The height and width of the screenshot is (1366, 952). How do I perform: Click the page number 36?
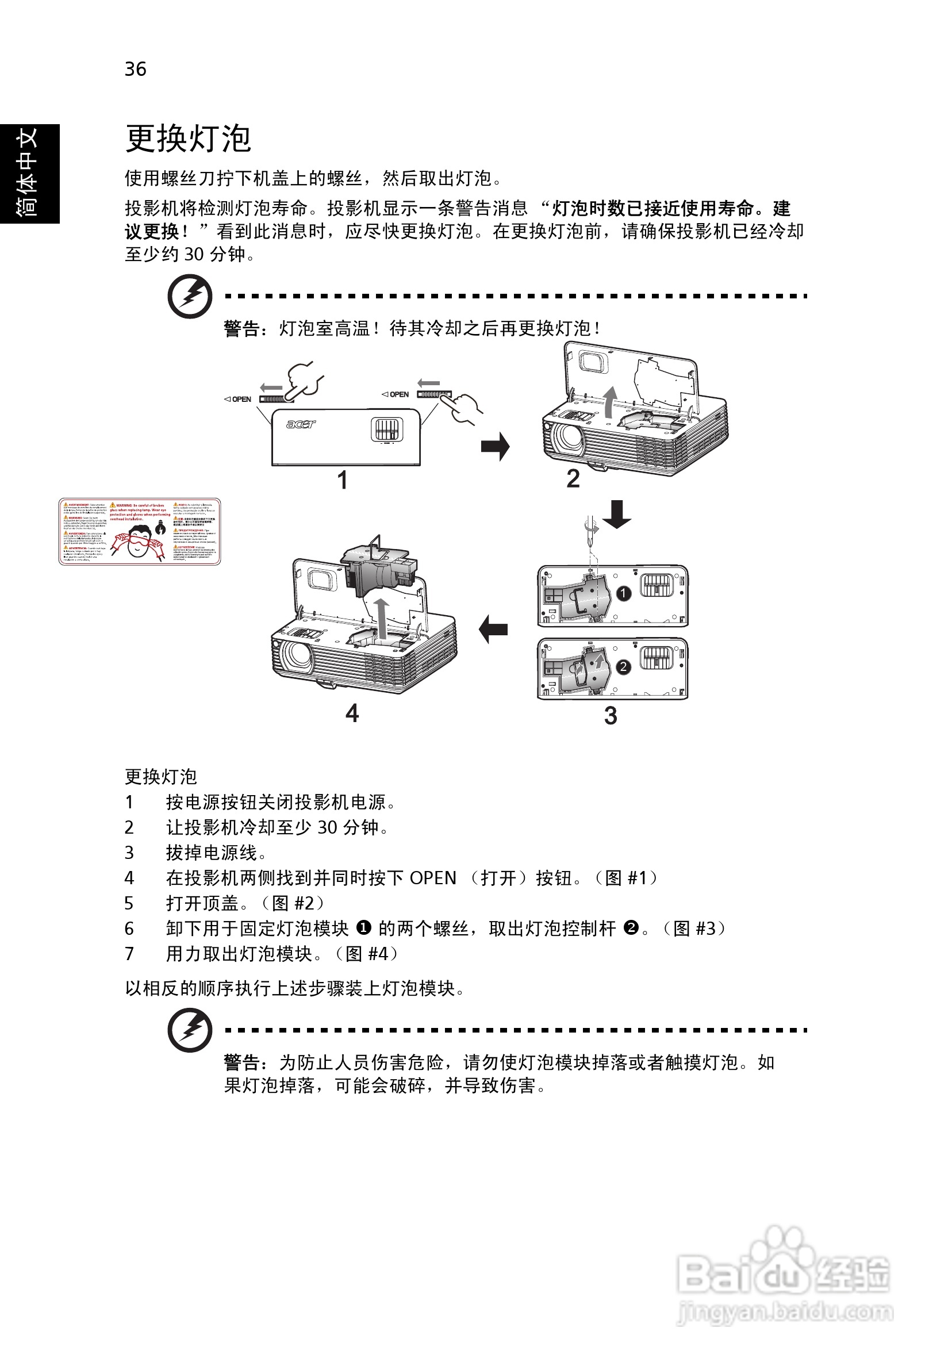point(135,69)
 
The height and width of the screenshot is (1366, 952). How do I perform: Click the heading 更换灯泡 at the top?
point(188,139)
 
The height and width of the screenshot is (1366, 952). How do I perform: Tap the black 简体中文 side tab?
point(29,173)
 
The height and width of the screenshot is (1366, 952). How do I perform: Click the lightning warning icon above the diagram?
point(190,296)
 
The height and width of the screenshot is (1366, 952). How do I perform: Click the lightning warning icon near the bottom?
point(190,1029)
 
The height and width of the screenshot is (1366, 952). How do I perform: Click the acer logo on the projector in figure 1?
point(301,424)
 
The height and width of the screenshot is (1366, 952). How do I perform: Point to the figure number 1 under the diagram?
point(342,480)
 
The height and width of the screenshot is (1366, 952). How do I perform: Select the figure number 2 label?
point(573,478)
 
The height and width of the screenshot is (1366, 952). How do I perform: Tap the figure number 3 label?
point(611,716)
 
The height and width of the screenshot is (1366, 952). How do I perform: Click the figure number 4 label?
point(352,713)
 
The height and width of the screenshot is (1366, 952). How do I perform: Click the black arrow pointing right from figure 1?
point(495,446)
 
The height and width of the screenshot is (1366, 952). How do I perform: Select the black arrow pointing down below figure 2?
point(617,514)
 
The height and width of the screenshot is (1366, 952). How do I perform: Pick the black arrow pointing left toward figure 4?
point(493,629)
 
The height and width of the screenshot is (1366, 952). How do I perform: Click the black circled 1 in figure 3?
point(623,593)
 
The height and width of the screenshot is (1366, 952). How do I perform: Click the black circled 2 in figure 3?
point(623,667)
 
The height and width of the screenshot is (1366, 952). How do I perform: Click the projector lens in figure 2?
point(567,438)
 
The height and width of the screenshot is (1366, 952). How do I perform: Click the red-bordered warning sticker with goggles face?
point(139,531)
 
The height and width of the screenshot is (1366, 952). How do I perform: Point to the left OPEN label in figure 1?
point(238,399)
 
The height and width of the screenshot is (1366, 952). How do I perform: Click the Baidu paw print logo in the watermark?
point(781,1249)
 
